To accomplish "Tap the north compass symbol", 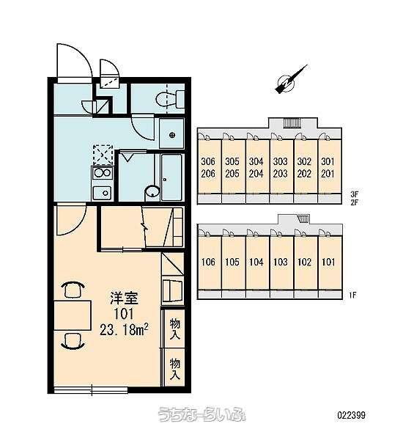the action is tap(289, 81).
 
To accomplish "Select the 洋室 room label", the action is tap(124, 298).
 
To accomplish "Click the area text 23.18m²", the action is tap(124, 329).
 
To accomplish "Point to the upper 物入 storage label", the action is tap(174, 329).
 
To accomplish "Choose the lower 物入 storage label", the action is tap(174, 368).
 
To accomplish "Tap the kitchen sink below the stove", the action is tap(102, 192).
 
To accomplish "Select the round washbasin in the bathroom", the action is tap(152, 193).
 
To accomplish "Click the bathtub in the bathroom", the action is tap(172, 177).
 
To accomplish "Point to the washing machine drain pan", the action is tap(171, 135).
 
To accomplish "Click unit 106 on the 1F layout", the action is tap(209, 263).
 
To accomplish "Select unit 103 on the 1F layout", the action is tap(281, 263).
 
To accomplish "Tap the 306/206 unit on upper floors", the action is tap(208, 167).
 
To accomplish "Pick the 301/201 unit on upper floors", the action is tap(328, 167).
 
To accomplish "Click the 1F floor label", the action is tap(353, 295).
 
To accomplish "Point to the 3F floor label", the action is tap(355, 194).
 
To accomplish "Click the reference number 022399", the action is tap(352, 415).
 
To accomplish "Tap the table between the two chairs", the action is tap(73, 315).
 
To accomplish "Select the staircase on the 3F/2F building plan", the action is tap(292, 123).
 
